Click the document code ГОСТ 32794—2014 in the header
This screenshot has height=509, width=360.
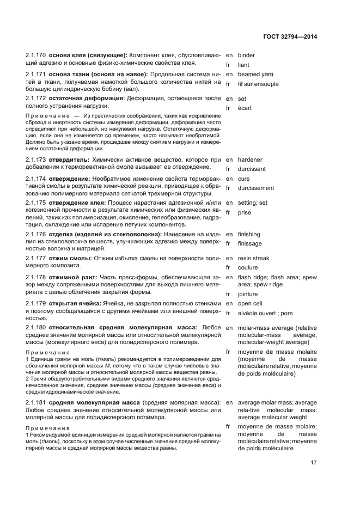(291, 36)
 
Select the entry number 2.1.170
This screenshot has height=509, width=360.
(36, 56)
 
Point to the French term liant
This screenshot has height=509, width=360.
(243, 65)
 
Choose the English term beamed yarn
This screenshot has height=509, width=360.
(255, 74)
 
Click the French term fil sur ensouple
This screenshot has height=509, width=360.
(258, 84)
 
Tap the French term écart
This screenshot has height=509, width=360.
(245, 108)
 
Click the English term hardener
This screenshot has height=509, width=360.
(250, 160)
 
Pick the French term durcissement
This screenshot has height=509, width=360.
(256, 188)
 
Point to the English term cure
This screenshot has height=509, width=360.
(244, 179)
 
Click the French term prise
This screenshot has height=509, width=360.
(245, 213)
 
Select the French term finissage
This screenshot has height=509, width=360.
(250, 243)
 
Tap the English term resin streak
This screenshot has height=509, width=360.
(253, 258)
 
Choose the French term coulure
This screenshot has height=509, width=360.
(248, 268)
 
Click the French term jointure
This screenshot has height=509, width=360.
(248, 294)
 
